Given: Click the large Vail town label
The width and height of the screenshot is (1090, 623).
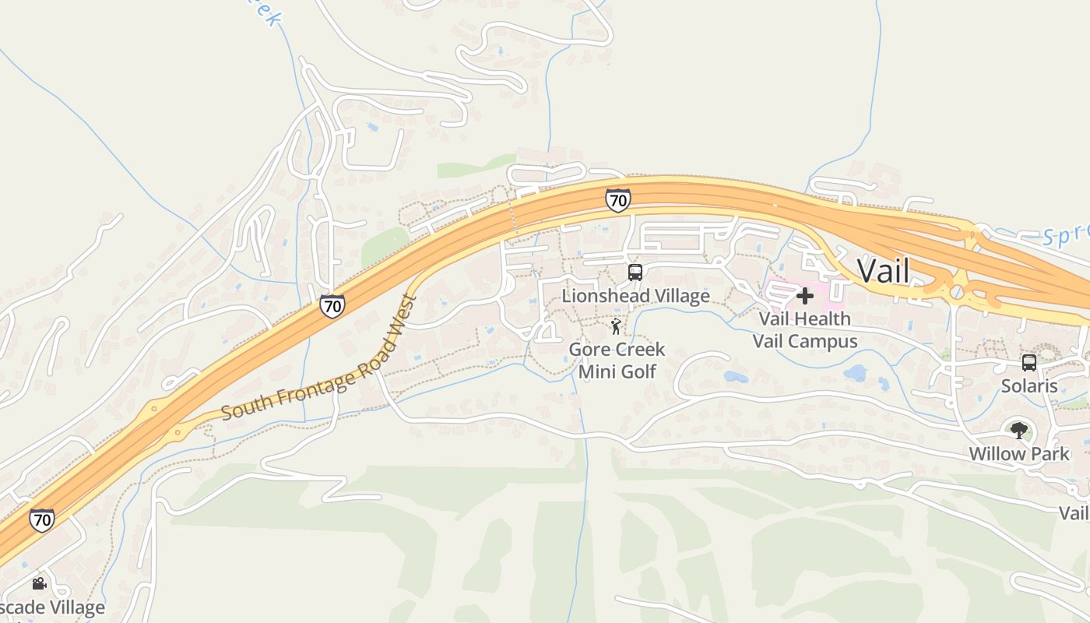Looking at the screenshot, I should pyautogui.click(x=883, y=271).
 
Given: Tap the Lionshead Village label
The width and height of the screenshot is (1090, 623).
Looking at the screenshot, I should pyautogui.click(x=635, y=296).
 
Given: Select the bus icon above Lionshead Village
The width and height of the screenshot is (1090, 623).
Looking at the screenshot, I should pyautogui.click(x=635, y=273).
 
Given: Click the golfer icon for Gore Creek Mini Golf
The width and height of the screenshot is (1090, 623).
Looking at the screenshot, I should pyautogui.click(x=616, y=326).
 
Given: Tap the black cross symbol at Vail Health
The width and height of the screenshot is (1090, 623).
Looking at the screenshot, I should pyautogui.click(x=805, y=296).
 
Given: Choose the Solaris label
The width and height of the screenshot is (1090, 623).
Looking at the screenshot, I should pyautogui.click(x=1029, y=385).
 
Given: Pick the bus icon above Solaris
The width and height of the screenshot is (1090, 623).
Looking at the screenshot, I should pyautogui.click(x=1029, y=363).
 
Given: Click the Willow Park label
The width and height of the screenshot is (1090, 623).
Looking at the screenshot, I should pyautogui.click(x=1019, y=453).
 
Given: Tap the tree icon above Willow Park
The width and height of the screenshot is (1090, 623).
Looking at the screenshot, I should pyautogui.click(x=1019, y=430).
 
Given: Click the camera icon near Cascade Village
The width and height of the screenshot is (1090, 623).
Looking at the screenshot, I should pyautogui.click(x=39, y=583).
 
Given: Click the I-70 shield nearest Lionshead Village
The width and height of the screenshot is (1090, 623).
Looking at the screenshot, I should pyautogui.click(x=617, y=200).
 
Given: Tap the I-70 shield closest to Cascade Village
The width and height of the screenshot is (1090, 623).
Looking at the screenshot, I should pyautogui.click(x=42, y=519).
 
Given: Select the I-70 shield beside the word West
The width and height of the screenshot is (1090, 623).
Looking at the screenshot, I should pyautogui.click(x=332, y=306).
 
